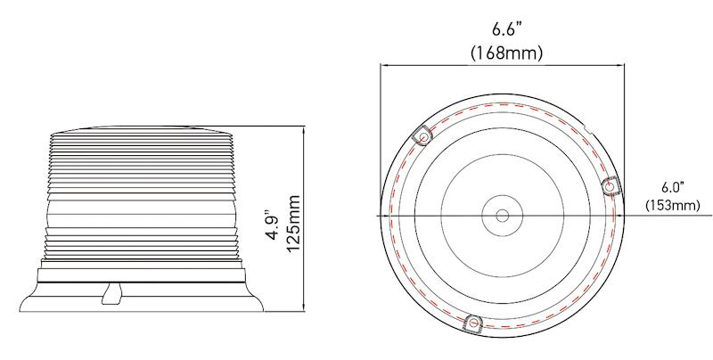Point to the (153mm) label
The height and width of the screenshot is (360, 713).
(672, 205)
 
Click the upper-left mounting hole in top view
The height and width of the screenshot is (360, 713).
(423, 136)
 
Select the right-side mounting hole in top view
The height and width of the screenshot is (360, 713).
(611, 185)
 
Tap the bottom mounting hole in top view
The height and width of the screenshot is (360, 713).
(473, 322)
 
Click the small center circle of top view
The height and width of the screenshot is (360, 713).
(502, 216)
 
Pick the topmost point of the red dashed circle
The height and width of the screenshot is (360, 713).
(502, 104)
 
